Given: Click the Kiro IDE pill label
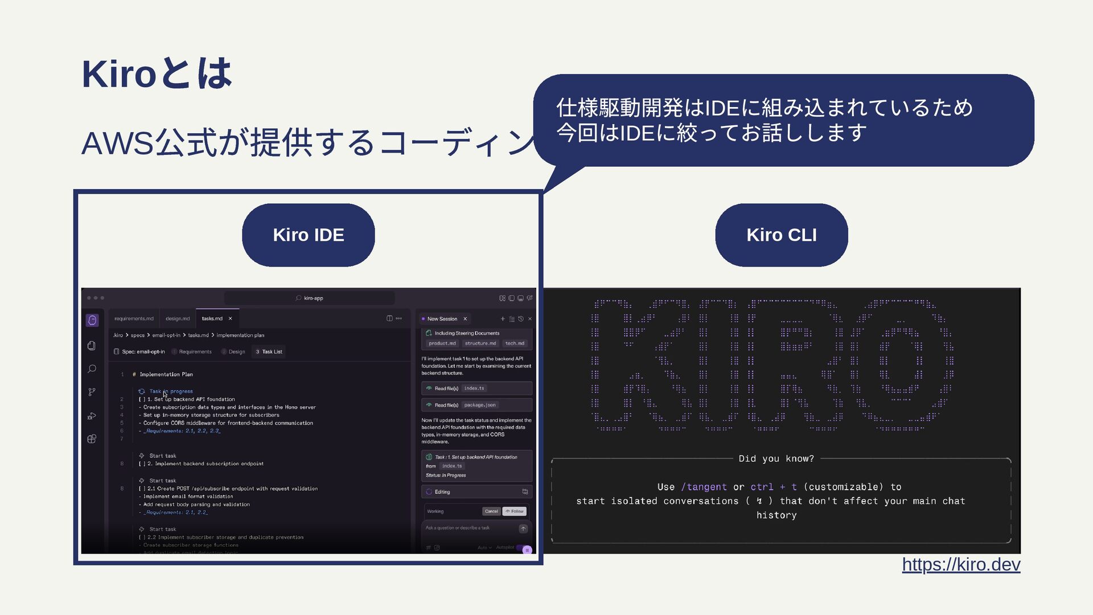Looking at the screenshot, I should pyautogui.click(x=308, y=235).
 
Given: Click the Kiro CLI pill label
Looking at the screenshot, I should pyautogui.click(x=781, y=235).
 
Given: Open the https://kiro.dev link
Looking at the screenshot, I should pyautogui.click(x=961, y=564).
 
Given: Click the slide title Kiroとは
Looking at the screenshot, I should pyautogui.click(x=157, y=73).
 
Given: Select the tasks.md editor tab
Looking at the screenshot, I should pyautogui.click(x=212, y=318).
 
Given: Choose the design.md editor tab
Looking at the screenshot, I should pyautogui.click(x=178, y=318).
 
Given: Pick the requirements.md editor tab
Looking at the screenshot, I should pyautogui.click(x=134, y=318).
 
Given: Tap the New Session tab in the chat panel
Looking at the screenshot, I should pyautogui.click(x=442, y=319).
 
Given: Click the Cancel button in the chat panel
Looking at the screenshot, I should pyautogui.click(x=491, y=511).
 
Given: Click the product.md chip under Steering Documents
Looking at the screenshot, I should pyautogui.click(x=442, y=343).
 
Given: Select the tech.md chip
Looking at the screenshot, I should pyautogui.click(x=515, y=343).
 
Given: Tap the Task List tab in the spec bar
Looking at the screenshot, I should pyautogui.click(x=272, y=352).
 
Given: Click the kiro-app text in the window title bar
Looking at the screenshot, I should pyautogui.click(x=313, y=298).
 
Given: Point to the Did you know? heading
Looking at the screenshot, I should pyautogui.click(x=776, y=458).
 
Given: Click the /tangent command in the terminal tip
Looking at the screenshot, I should pyautogui.click(x=704, y=487).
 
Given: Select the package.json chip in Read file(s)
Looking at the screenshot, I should pyautogui.click(x=480, y=405).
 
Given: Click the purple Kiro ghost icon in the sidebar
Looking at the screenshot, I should pyautogui.click(x=92, y=321).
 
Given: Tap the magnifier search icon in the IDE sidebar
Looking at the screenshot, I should pyautogui.click(x=92, y=369).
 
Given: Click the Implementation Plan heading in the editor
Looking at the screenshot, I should pyautogui.click(x=166, y=374).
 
